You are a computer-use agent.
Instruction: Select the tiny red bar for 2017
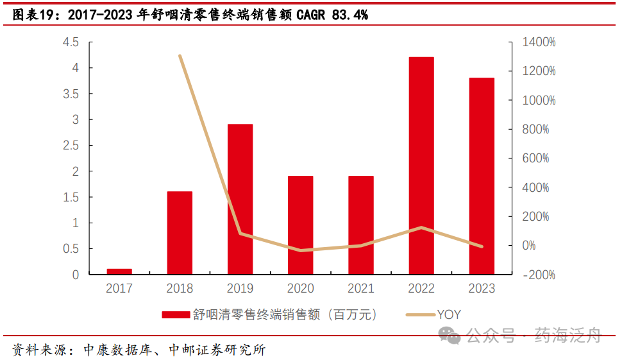pos(119,271)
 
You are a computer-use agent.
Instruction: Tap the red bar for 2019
pos(240,199)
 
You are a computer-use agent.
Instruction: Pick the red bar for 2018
pos(180,233)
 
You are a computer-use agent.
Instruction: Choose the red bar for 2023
pos(482,176)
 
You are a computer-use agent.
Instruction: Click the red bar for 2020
pos(300,225)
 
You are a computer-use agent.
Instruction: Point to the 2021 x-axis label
pos(360,289)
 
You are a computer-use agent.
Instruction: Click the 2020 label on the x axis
pos(300,289)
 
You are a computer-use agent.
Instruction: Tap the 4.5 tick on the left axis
pos(71,42)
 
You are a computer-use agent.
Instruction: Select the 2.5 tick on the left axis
pos(71,146)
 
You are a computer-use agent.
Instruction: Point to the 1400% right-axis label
pos(539,42)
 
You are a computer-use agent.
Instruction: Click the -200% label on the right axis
pos(539,275)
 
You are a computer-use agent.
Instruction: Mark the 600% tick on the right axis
pos(536,159)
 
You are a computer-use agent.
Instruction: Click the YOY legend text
pos(449,314)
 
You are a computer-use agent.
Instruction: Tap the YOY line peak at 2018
pos(180,56)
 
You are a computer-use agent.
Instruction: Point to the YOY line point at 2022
pos(421,228)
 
